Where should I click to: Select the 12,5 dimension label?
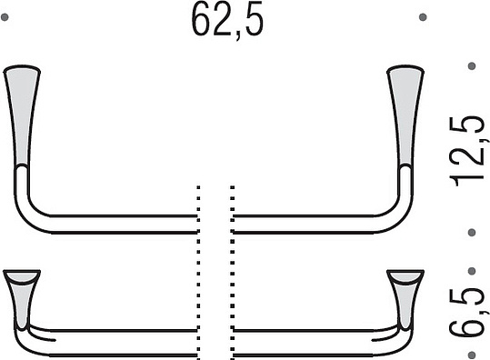467,151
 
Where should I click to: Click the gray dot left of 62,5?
5,17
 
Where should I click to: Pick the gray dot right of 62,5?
423,17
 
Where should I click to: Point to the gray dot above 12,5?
472,66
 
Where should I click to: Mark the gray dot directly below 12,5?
472,233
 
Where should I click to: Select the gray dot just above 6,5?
472,271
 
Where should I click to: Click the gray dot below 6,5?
472,355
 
